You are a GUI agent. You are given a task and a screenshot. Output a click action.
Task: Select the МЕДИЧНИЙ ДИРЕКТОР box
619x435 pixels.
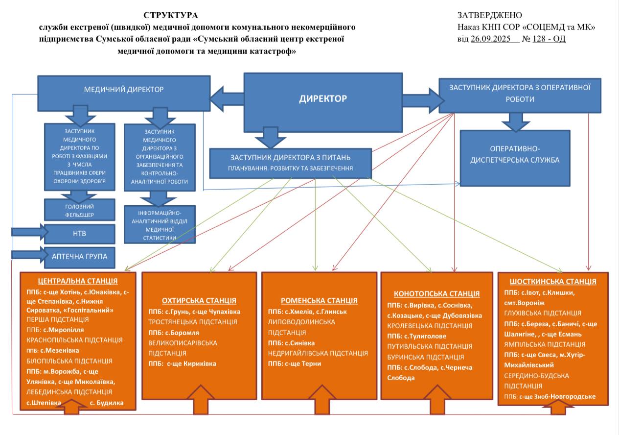pyautogui.click(x=124, y=90)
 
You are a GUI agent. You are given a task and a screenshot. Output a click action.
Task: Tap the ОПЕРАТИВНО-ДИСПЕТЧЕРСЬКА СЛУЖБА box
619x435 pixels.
pyautogui.click(x=515, y=158)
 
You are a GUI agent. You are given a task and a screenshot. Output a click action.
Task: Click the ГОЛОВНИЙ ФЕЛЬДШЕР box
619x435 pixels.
pyautogui.click(x=79, y=210)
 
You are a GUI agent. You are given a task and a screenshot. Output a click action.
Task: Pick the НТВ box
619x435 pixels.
pyautogui.click(x=79, y=234)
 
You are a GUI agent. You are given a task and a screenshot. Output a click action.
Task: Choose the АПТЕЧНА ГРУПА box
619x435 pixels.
pyautogui.click(x=79, y=257)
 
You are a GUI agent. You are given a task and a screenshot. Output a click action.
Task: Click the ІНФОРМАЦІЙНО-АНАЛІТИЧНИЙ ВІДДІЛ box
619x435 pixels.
pyautogui.click(x=160, y=225)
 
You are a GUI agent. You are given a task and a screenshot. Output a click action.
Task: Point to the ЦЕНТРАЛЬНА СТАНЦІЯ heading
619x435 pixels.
pyautogui.click(x=78, y=281)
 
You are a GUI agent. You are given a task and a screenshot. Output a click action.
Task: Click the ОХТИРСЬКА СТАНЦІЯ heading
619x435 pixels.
pyautogui.click(x=199, y=300)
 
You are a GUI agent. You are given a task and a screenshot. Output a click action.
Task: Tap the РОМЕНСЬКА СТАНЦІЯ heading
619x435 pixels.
pyautogui.click(x=319, y=300)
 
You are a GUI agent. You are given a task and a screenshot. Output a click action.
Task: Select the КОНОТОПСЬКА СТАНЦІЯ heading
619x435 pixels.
pyautogui.click(x=436, y=294)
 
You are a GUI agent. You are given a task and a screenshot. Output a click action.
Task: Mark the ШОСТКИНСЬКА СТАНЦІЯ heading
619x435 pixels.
pyautogui.click(x=553, y=281)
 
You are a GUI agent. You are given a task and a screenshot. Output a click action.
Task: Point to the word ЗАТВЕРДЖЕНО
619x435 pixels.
pyautogui.click(x=490, y=16)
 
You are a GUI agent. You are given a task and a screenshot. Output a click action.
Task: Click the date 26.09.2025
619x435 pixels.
pyautogui.click(x=495, y=39)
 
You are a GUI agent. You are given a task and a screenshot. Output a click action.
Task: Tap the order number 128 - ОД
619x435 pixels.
pyautogui.click(x=549, y=39)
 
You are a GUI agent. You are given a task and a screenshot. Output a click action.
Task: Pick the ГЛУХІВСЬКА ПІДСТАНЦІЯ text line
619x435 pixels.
pyautogui.click(x=543, y=313)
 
